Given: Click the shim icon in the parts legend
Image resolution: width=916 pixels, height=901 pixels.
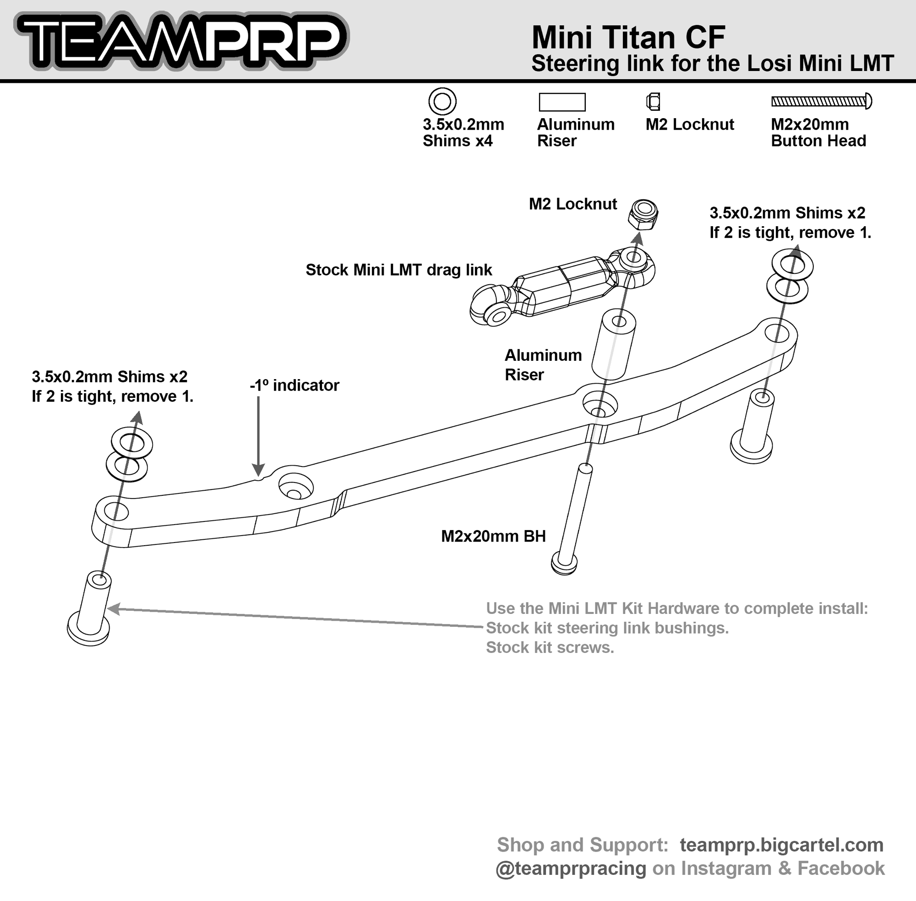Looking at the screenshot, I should (x=442, y=102).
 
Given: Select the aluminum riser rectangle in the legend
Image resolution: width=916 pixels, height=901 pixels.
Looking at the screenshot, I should (x=562, y=102).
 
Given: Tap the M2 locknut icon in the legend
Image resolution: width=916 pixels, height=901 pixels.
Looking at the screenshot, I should (x=653, y=101).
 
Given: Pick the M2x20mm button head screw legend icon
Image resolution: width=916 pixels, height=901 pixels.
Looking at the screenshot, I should (x=821, y=101).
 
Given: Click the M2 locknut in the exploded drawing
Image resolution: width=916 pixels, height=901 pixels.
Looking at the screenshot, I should (x=643, y=214).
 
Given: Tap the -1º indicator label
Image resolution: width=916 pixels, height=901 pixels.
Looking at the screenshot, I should (x=294, y=385).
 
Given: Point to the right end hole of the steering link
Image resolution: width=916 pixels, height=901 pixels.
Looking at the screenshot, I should (x=777, y=333).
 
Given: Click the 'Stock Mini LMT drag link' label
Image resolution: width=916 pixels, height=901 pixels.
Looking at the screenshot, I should (x=398, y=270).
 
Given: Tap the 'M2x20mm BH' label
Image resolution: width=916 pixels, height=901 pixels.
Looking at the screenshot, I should (x=493, y=536).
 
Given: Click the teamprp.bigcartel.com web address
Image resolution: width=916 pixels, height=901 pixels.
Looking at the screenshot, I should (x=781, y=845).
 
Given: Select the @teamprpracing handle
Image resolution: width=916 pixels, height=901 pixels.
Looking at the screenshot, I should (x=570, y=868).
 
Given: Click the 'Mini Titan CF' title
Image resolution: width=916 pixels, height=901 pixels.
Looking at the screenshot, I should (x=628, y=38).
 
